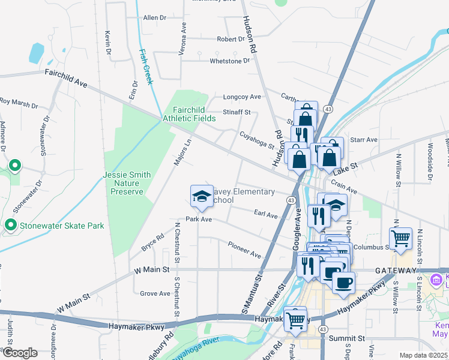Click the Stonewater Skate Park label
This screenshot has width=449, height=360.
click(62, 226)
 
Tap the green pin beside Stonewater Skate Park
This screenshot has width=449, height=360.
click(10, 225)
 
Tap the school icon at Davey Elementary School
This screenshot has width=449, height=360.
click(202, 196)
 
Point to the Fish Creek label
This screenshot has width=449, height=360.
click(145, 66)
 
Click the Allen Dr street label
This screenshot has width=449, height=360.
click(154, 18)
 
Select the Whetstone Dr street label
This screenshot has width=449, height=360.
click(229, 61)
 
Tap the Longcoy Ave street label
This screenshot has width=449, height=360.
click(242, 97)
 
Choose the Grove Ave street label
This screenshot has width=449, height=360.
click(155, 293)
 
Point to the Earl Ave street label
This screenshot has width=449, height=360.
click(266, 214)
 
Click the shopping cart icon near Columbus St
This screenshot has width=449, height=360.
click(400, 238)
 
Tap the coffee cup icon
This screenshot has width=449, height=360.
click(343, 283)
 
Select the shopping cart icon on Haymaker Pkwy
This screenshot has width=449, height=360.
click(295, 319)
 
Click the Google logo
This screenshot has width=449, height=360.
click(19, 353)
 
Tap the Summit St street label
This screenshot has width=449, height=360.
click(347, 338)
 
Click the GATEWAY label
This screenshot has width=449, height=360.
click(395, 271)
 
